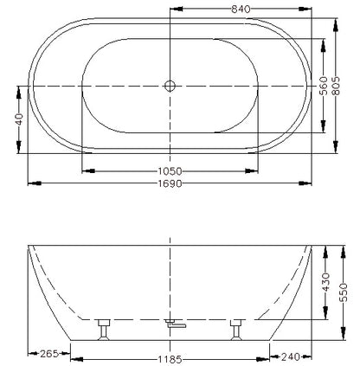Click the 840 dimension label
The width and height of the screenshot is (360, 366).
pos(241,10)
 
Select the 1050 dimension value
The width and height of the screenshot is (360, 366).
pos(170,171)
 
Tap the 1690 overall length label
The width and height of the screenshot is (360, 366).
pos(170,183)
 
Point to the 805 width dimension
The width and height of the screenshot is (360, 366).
pos(336,86)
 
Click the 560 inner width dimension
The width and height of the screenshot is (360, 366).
pos(324,86)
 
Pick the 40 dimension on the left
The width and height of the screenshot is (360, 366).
pos(19,119)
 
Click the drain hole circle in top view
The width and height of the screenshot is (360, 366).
pos(170,86)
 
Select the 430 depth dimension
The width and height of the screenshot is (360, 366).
pos(325,282)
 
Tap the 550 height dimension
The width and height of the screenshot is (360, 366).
pos(344,292)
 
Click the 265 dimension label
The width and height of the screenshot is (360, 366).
pos(49,353)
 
